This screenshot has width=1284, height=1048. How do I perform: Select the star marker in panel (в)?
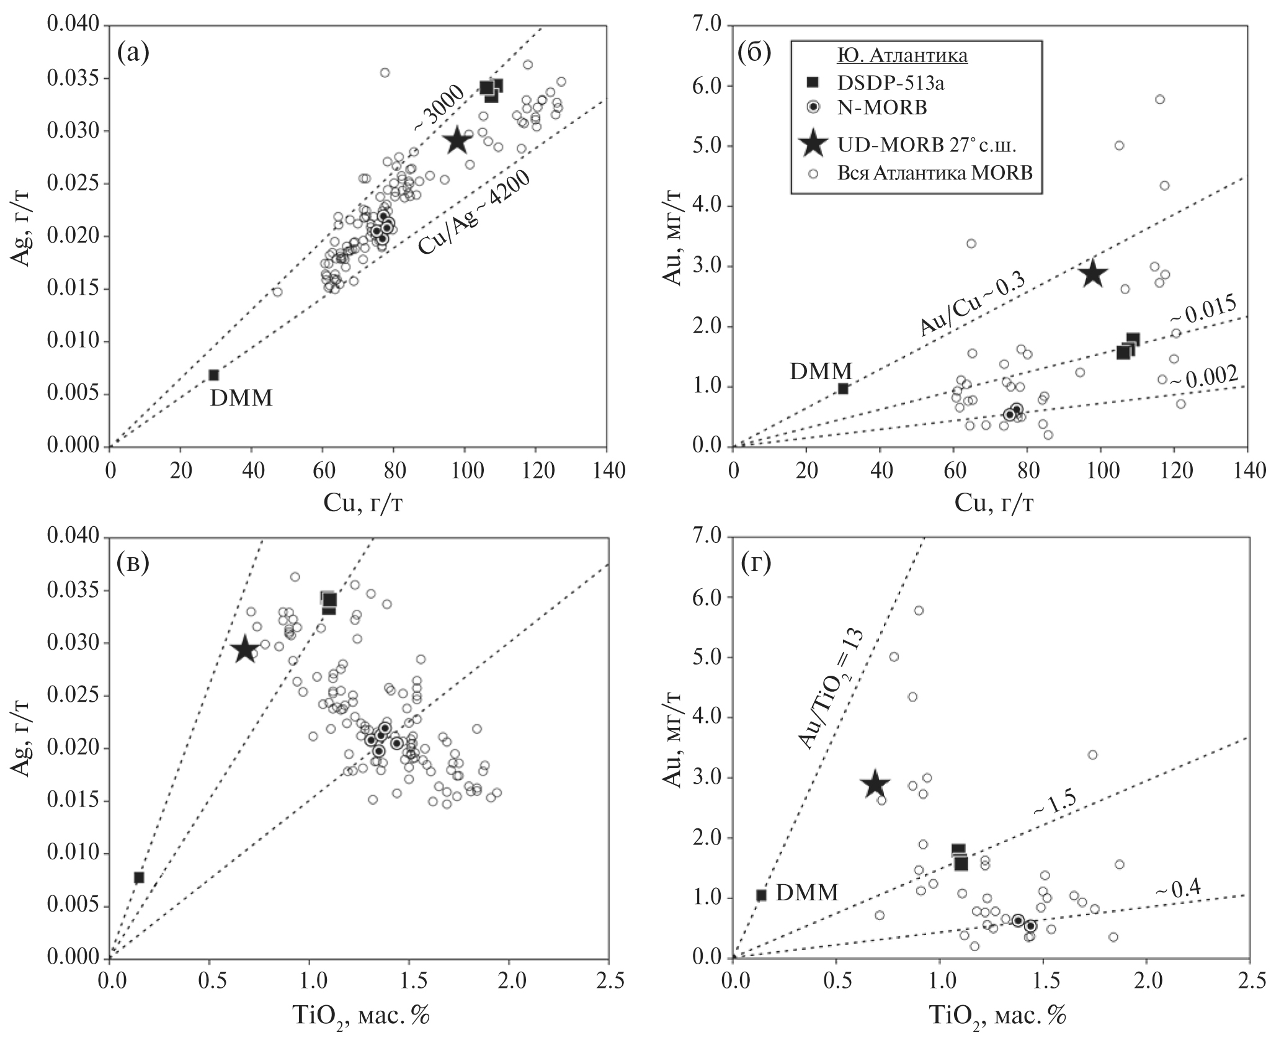point(245,650)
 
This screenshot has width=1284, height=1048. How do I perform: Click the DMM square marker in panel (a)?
point(213,375)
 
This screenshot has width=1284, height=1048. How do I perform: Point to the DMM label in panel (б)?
point(821,371)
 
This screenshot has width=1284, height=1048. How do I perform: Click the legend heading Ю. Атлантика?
point(903,56)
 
